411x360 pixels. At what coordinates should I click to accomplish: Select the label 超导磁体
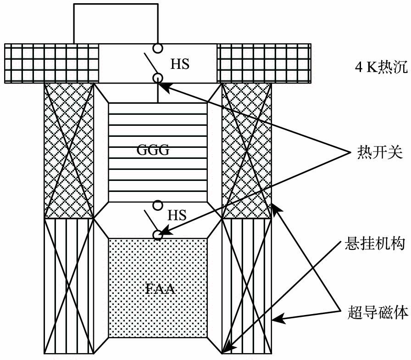376,314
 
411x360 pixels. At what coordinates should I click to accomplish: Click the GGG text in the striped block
157,151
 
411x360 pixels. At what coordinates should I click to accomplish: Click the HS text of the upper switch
180,64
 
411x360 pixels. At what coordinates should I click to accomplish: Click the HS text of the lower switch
177,215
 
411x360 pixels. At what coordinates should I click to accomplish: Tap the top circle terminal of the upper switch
158,47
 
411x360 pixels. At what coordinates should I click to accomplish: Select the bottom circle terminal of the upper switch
158,78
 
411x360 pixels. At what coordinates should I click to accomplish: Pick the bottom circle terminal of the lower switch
158,235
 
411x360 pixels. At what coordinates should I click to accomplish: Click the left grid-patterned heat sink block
51,63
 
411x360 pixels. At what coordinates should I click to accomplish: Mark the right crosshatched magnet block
246,150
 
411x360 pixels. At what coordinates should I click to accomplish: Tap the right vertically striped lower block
246,285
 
